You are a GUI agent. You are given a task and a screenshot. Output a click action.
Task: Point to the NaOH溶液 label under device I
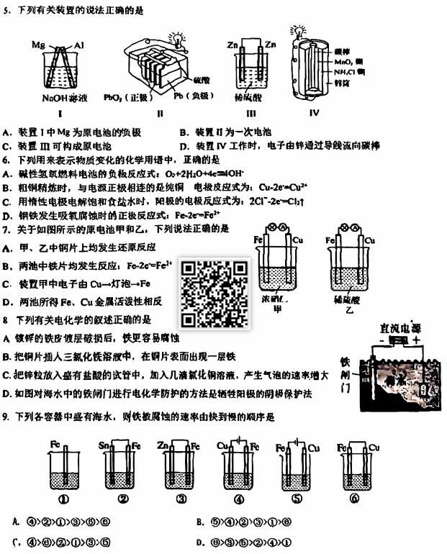60,97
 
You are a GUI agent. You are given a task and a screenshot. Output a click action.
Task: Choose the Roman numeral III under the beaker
251,113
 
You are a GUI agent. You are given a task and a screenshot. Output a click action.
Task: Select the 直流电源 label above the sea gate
400,327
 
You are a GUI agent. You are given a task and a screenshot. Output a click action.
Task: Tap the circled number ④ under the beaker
239,500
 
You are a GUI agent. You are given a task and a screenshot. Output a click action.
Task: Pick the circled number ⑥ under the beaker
354,500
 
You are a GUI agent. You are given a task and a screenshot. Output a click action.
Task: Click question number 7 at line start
6,229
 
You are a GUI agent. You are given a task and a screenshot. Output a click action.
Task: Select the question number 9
6,417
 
